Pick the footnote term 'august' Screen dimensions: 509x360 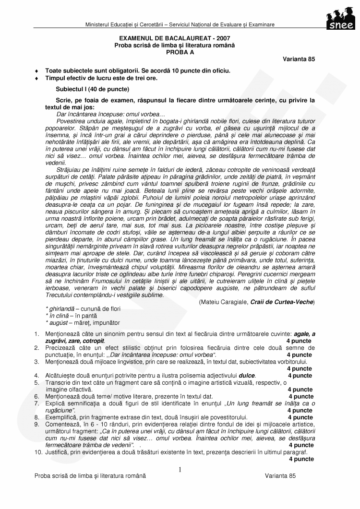click(x=59, y=323)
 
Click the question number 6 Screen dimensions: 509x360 click(x=37, y=396)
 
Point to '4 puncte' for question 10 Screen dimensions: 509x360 click(x=301, y=459)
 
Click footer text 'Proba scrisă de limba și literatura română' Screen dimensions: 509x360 click(x=90, y=475)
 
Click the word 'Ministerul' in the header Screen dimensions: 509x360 click(x=98, y=24)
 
